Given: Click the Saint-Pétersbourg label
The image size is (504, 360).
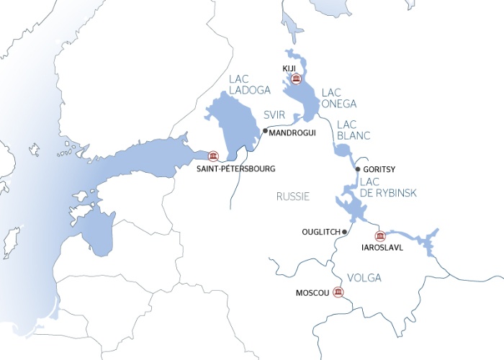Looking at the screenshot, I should tap(236, 168).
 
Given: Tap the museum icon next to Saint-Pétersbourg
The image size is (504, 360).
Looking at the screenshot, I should tap(213, 156).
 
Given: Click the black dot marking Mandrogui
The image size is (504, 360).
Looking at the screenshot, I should tap(265, 131).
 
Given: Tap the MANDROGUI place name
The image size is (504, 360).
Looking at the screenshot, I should tap(292, 132).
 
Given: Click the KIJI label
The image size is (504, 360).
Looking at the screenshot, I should tap(290, 68).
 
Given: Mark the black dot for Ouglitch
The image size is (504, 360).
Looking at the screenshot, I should tap(346, 232).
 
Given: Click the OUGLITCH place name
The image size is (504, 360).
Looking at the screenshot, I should tap(321, 232).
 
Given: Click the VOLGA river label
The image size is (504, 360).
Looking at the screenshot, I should tap(364, 277).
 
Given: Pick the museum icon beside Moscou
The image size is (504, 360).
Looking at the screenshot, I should tap(338, 292).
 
